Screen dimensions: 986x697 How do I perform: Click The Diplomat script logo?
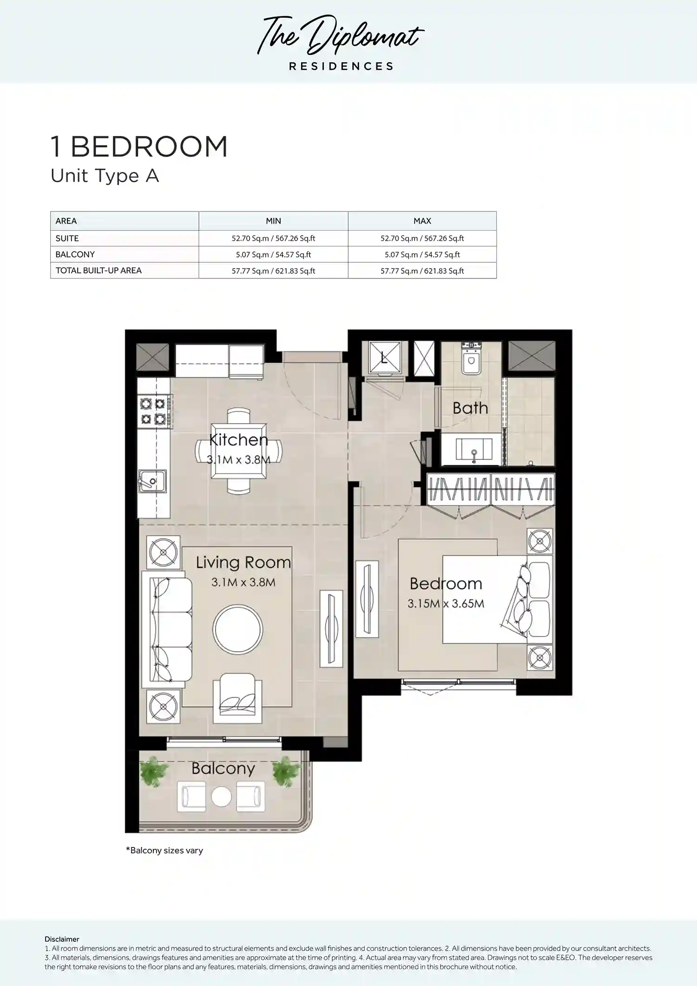(340, 35)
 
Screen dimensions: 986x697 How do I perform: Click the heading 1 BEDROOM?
(139, 147)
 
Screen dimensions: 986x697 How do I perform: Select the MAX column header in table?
(422, 221)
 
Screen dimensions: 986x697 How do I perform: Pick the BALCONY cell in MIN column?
(273, 254)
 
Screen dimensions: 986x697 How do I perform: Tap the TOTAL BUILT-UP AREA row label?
(99, 271)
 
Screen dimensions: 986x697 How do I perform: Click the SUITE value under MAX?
(422, 238)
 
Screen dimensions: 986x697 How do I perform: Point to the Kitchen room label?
(238, 439)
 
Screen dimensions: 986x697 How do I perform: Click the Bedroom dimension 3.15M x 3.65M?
(446, 603)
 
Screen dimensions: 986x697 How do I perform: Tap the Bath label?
(470, 408)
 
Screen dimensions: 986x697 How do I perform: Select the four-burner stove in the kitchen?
(154, 411)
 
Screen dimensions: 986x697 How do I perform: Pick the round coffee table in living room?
(238, 630)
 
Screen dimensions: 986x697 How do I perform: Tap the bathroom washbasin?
(474, 449)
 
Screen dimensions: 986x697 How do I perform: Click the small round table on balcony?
(221, 796)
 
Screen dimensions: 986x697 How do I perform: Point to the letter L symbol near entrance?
(384, 358)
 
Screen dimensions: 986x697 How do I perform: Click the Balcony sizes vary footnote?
(164, 850)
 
